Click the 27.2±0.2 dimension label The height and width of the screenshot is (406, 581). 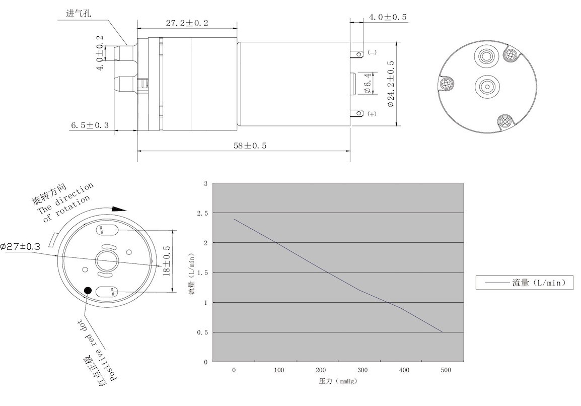(x=187, y=23)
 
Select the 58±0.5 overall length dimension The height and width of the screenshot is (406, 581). (x=250, y=146)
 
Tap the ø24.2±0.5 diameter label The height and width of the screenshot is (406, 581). (x=391, y=84)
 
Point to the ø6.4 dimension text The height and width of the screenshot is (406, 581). (x=367, y=84)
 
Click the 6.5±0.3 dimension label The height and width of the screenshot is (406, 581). (x=90, y=125)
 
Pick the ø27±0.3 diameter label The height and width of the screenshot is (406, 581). (x=20, y=246)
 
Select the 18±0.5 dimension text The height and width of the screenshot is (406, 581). (x=166, y=261)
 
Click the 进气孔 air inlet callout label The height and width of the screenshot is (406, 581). (x=79, y=13)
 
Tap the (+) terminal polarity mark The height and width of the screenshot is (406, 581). (x=372, y=114)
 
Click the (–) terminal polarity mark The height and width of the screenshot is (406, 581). (x=372, y=52)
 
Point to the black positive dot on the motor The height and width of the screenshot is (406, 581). (x=88, y=290)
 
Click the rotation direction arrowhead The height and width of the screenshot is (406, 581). (x=119, y=209)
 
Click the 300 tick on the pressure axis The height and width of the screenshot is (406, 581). (x=362, y=370)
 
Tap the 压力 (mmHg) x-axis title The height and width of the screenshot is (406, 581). (x=337, y=381)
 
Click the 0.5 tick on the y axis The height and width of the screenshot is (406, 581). (x=202, y=332)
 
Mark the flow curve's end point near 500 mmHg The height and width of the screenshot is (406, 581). (x=443, y=332)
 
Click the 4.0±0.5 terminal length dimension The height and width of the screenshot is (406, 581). (x=388, y=17)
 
